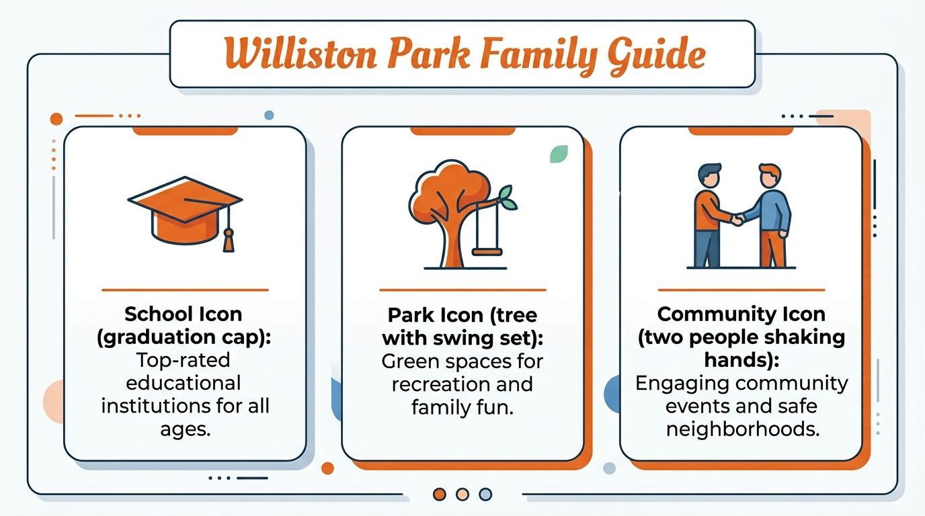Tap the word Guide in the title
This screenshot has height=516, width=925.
[x=657, y=56]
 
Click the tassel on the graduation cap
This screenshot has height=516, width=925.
[x=229, y=241]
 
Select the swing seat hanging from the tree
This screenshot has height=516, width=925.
[x=487, y=252]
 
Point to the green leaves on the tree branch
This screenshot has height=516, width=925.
[x=508, y=198]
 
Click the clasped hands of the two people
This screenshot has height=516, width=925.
[x=737, y=219]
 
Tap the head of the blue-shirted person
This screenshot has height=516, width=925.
[x=770, y=176]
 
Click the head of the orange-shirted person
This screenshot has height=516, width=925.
[x=709, y=176]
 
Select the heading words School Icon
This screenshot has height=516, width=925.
[x=184, y=314]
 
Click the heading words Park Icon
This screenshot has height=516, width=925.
[x=435, y=315]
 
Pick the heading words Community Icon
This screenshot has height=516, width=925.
[x=741, y=314]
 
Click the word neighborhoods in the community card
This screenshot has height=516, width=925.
[x=742, y=429]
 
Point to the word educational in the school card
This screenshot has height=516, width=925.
[x=184, y=383]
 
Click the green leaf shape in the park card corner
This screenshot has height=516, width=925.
[x=559, y=154]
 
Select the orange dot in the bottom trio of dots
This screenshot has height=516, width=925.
[x=440, y=494]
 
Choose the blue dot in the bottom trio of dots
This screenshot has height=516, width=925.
[x=485, y=494]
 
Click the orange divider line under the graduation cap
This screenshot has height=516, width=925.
[x=186, y=290]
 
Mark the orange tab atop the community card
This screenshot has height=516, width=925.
[x=741, y=131]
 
